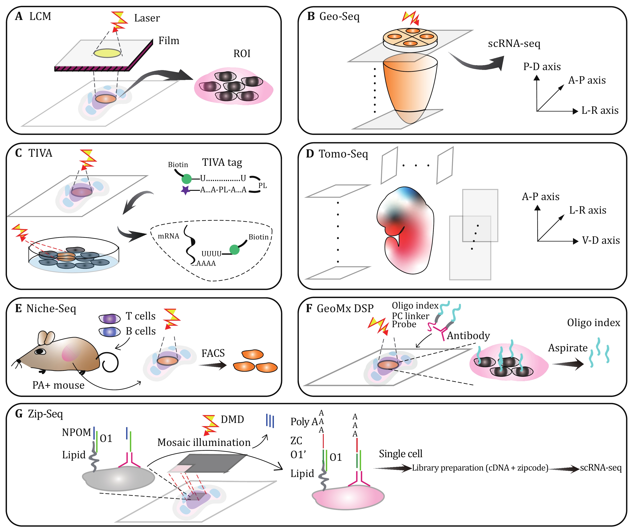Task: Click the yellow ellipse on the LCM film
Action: pos(107,53)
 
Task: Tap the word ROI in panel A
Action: pos(242,54)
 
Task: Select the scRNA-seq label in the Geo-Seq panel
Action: pos(514,44)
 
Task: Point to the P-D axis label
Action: pos(542,67)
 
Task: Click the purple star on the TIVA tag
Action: pos(185,190)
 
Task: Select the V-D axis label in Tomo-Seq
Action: pos(601,240)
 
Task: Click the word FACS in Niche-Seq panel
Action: pos(213,353)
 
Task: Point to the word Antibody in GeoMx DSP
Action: pos(468,336)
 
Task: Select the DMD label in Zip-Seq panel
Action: pos(232,420)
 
